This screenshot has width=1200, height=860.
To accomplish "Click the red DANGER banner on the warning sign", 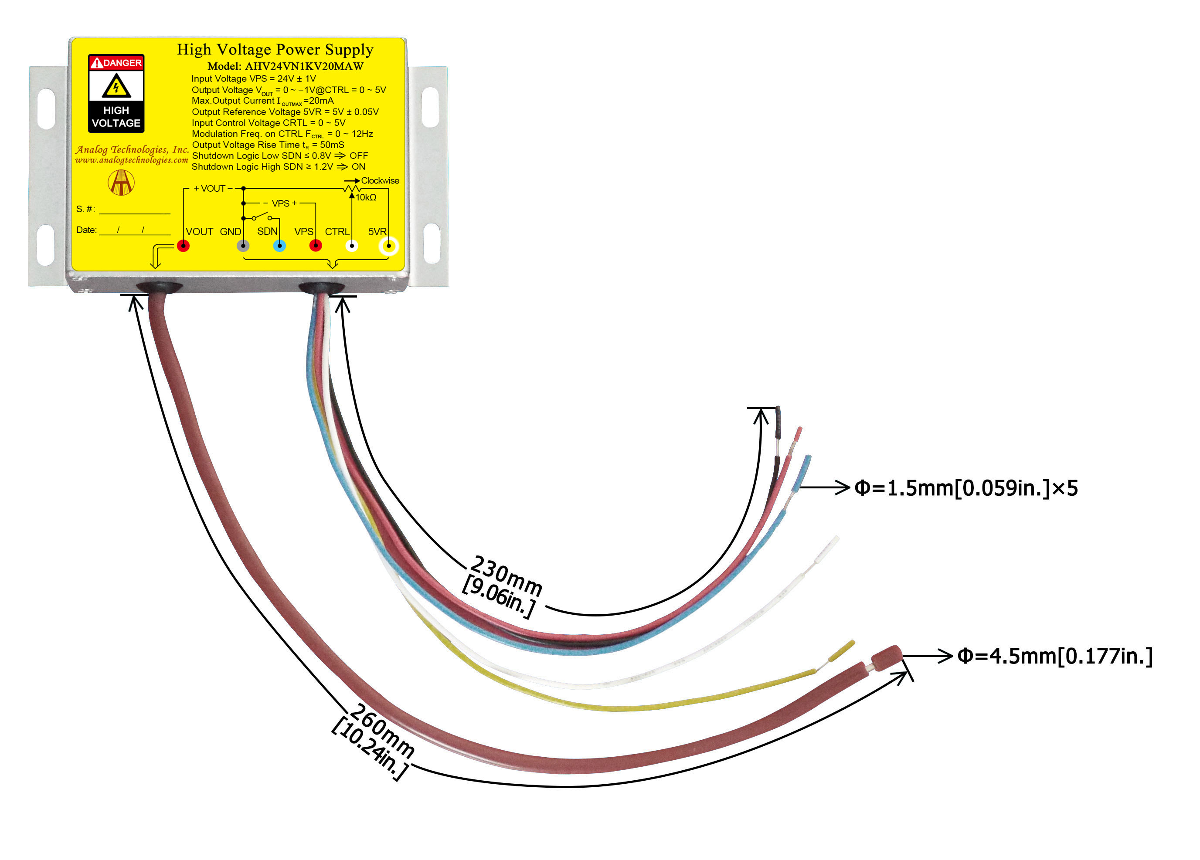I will pos(116,63).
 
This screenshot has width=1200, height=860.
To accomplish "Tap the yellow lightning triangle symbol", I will pos(116,86).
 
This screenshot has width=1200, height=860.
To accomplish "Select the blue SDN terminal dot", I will pos(279,246).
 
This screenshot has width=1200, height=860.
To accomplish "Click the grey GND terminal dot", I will pos(243,246).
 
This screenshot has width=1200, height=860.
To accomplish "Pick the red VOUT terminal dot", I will pos(183,246).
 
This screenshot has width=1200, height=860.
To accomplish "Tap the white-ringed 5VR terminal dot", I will pos(389,246).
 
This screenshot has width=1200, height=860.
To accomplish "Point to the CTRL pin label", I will pos(337,232).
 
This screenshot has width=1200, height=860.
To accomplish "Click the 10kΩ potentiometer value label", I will pos(366,198).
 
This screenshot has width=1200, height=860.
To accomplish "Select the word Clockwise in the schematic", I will pos(380,181).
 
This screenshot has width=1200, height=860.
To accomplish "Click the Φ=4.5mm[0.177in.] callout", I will pos(1054,657).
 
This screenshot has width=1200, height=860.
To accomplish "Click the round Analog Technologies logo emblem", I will pos(121,183).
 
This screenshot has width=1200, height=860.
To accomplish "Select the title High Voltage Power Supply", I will pos(275,50).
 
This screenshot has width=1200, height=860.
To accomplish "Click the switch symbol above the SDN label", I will pos(262,217).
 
